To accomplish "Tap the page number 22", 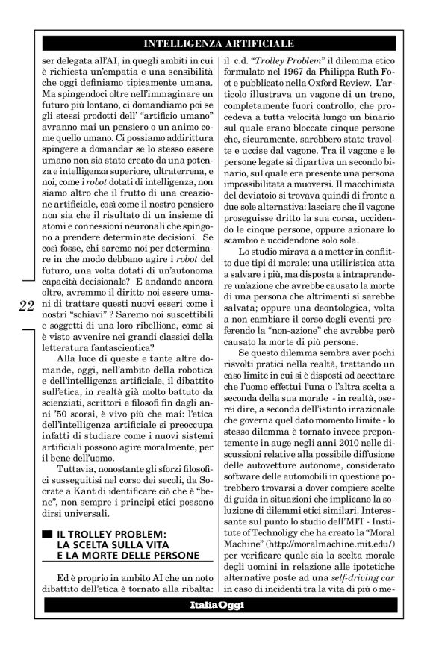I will click(x=25, y=305).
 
